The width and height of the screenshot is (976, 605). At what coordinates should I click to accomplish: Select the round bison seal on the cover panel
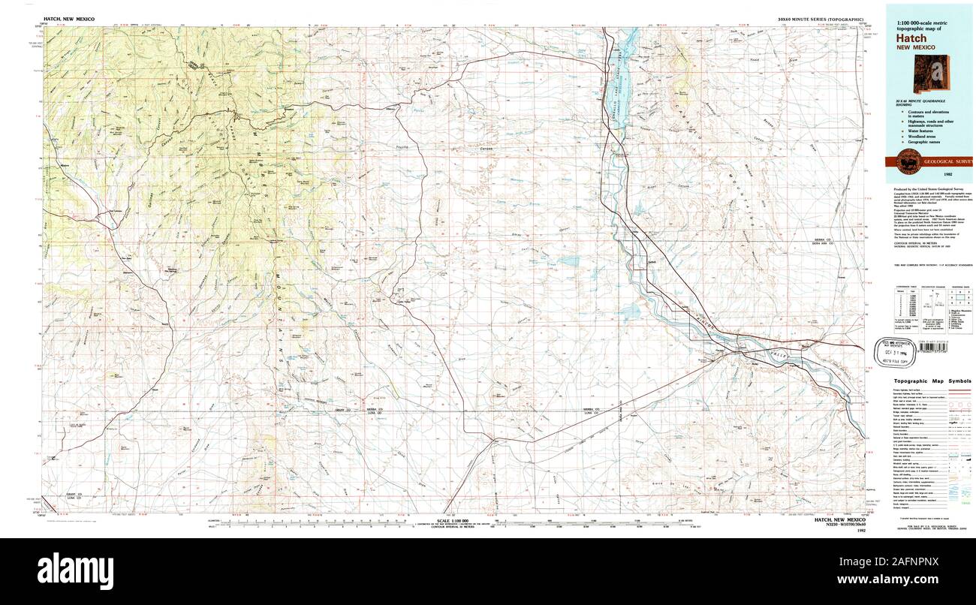(x=907, y=161)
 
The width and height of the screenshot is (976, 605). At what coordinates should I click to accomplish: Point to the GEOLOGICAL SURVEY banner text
(x=947, y=161)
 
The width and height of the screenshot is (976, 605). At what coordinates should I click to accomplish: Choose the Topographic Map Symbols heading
(x=928, y=381)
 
